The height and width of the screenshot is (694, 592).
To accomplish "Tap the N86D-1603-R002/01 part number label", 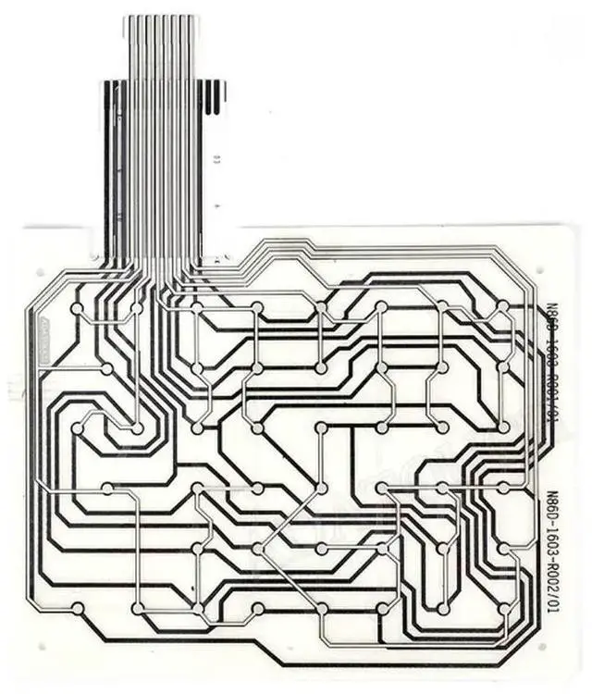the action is click(552, 552).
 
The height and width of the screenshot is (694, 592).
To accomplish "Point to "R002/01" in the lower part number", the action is click(552, 589).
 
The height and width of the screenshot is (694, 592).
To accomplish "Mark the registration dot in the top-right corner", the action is click(539, 271).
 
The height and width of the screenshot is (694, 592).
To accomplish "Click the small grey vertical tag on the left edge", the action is click(44, 338).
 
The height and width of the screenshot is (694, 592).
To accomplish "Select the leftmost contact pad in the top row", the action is click(77, 306).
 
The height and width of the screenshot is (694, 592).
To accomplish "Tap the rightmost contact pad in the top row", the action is click(502, 306).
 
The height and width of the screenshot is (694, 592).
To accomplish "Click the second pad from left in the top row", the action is click(137, 306).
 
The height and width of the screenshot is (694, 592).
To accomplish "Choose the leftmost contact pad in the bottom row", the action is click(77, 608).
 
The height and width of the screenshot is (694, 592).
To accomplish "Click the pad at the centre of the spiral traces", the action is click(137, 428).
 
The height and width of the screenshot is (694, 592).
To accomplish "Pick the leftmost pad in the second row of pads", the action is click(106, 368).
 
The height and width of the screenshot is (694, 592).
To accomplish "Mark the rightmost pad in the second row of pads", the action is click(502, 367).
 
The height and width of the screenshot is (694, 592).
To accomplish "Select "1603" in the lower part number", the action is click(552, 547).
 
